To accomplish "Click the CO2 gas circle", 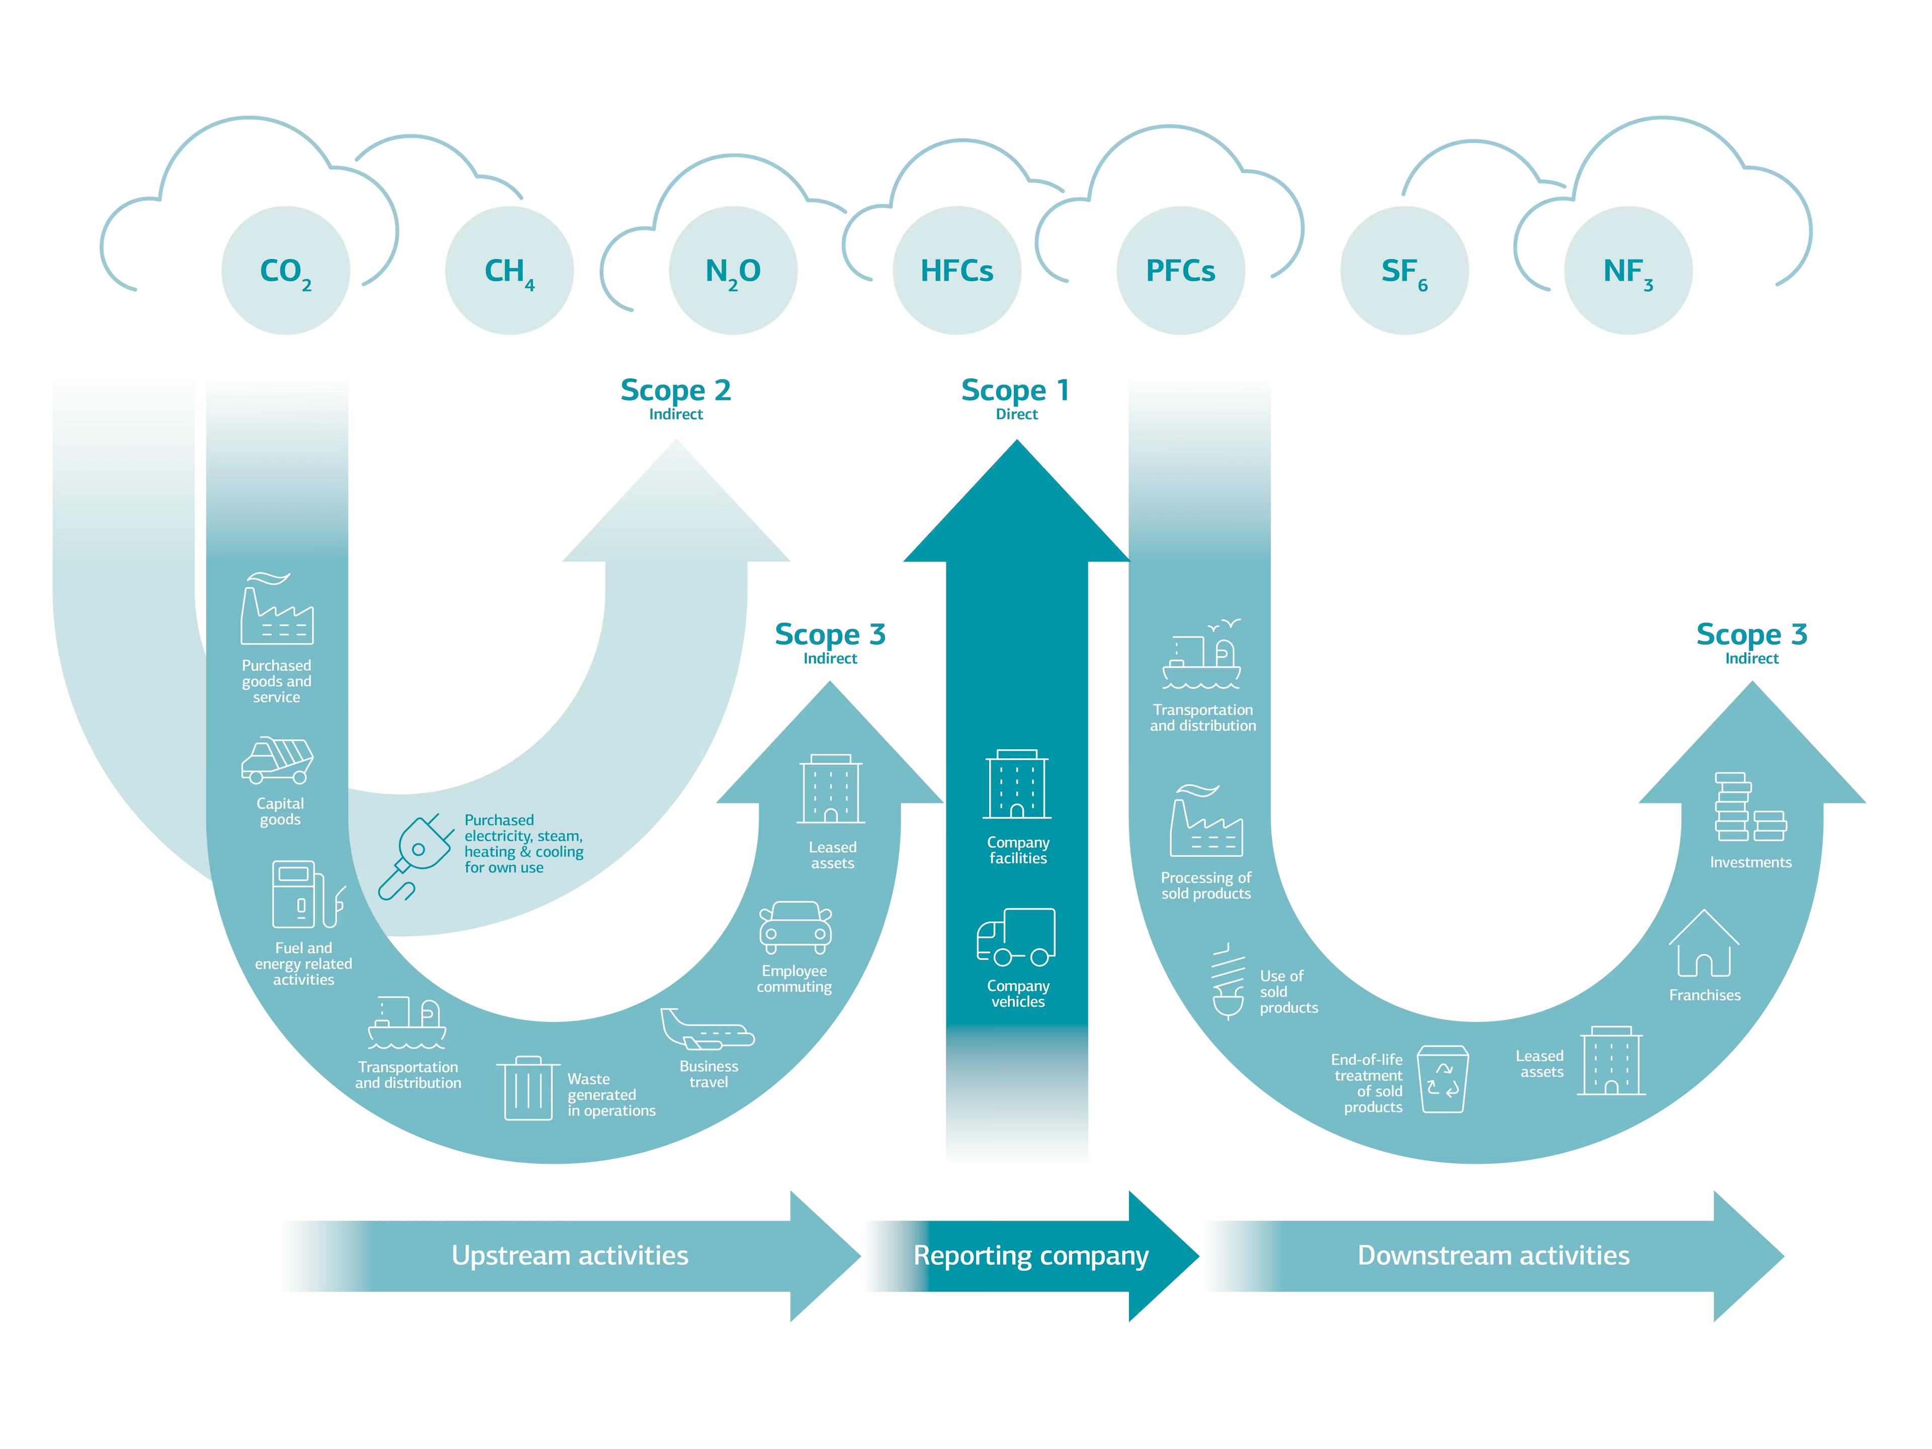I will pos(286,271).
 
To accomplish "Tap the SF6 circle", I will pos(1404,271).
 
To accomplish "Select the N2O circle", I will pos(733,271).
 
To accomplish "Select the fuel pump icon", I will pos(306,895).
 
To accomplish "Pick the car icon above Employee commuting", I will pos(795,928).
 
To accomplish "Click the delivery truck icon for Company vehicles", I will pos(1016,937).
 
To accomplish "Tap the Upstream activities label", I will pos(570,1256).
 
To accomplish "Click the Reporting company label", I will pos(1030,1256).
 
